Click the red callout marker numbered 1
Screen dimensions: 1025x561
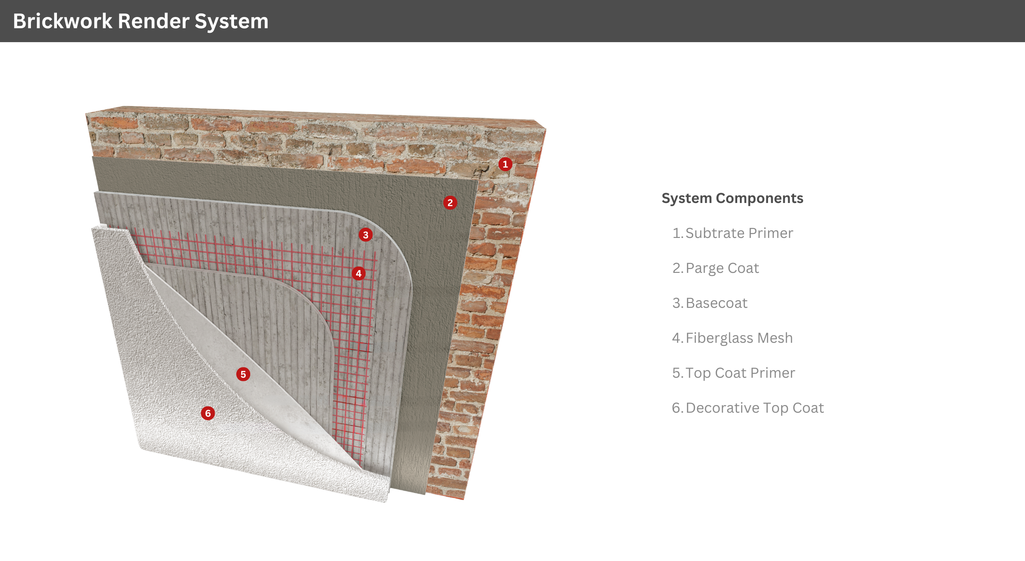click(x=505, y=164)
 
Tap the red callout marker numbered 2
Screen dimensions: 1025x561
click(x=450, y=203)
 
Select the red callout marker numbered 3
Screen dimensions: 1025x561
click(x=365, y=234)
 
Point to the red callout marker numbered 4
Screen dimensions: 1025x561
click(x=358, y=273)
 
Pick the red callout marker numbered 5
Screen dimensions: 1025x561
click(x=243, y=374)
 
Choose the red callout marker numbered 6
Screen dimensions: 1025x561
click(x=208, y=413)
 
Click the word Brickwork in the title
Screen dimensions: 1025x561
click(x=63, y=21)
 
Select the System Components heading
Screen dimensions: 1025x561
click(x=732, y=198)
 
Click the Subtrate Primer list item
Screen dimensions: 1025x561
click(x=733, y=233)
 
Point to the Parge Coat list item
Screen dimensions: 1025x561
click(x=716, y=268)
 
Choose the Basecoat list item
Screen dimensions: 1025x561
click(x=710, y=303)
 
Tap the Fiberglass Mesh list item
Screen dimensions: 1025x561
click(x=733, y=338)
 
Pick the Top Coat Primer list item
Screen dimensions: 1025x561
click(x=734, y=373)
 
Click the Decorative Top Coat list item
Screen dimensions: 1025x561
click(x=748, y=408)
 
